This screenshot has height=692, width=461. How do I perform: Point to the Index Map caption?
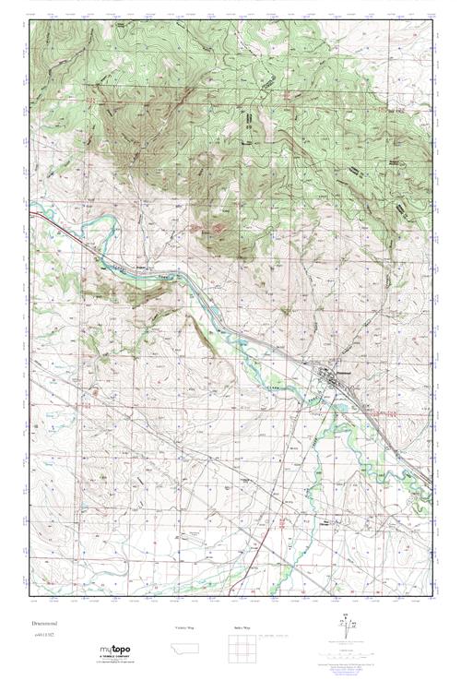[241, 627]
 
